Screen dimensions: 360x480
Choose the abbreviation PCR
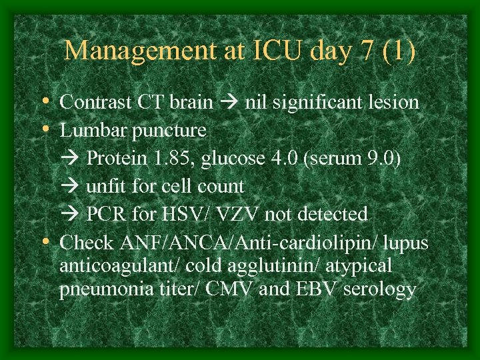105,214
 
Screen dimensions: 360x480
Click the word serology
381,290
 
